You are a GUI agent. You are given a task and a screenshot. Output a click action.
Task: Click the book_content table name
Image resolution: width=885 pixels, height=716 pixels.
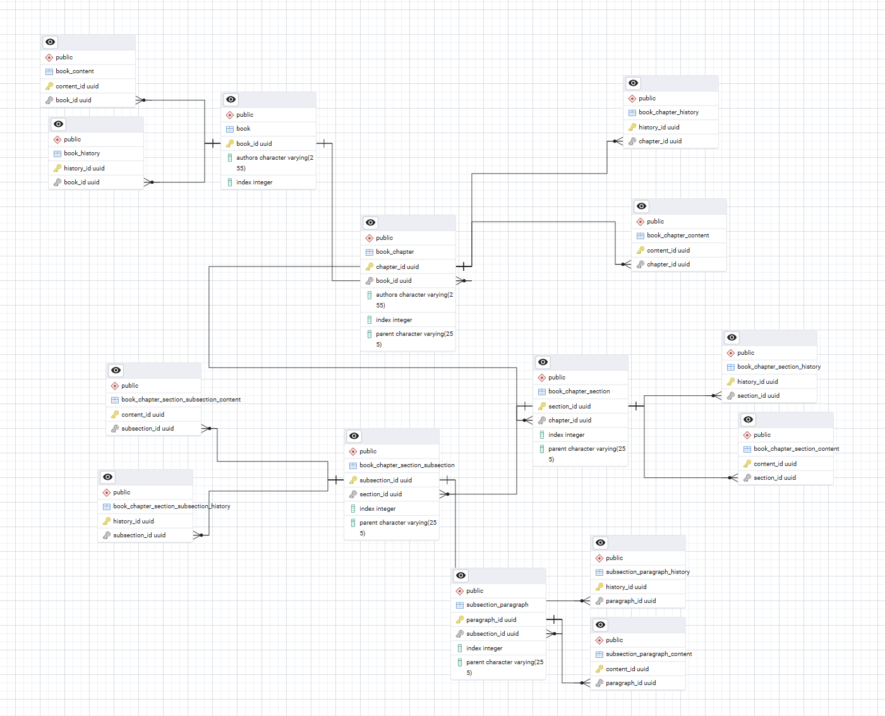(x=75, y=71)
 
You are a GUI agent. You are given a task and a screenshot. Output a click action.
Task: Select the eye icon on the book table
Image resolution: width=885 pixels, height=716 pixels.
(x=231, y=99)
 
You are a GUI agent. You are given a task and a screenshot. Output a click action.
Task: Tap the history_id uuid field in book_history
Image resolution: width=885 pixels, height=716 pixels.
(x=84, y=168)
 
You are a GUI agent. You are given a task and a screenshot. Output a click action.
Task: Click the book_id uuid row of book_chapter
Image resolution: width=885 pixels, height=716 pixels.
(x=394, y=281)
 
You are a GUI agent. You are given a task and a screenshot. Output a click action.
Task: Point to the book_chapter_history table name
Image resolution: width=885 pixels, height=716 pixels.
(x=668, y=112)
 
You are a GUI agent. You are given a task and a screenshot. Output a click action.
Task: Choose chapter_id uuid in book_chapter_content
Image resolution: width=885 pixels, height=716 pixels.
(x=668, y=264)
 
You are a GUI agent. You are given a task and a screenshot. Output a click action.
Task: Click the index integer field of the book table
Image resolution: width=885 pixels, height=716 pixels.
(x=255, y=182)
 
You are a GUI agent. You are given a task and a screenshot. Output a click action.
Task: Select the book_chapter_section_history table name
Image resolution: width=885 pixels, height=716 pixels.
(x=779, y=367)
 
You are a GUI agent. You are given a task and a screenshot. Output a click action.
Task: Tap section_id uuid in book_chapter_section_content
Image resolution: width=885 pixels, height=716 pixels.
(x=774, y=477)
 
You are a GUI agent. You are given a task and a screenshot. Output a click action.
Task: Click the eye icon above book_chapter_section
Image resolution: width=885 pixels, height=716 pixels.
(x=543, y=362)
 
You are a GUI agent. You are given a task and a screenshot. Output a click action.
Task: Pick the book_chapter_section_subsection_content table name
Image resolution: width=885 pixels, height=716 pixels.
(x=181, y=400)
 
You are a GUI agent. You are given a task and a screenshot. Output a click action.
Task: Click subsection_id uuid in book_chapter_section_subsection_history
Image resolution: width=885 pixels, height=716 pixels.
(x=139, y=535)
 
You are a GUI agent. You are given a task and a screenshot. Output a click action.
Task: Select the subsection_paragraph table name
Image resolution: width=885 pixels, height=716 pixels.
(x=497, y=605)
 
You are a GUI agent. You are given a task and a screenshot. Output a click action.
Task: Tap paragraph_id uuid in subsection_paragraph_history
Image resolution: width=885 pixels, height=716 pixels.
(x=630, y=601)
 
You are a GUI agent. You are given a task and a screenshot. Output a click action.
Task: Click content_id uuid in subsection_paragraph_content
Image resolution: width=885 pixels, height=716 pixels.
(x=627, y=669)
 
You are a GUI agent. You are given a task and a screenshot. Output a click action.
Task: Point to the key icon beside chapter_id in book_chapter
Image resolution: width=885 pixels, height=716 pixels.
(x=369, y=266)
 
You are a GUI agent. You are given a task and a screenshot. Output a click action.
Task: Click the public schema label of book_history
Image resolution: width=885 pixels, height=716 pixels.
(x=72, y=139)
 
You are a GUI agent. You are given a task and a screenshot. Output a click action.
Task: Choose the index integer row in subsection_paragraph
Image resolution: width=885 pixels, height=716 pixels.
(x=484, y=648)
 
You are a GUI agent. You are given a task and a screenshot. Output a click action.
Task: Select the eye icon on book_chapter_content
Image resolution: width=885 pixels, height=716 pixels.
(x=642, y=206)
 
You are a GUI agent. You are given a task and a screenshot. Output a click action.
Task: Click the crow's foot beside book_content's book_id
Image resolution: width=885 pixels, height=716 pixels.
(x=140, y=100)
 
